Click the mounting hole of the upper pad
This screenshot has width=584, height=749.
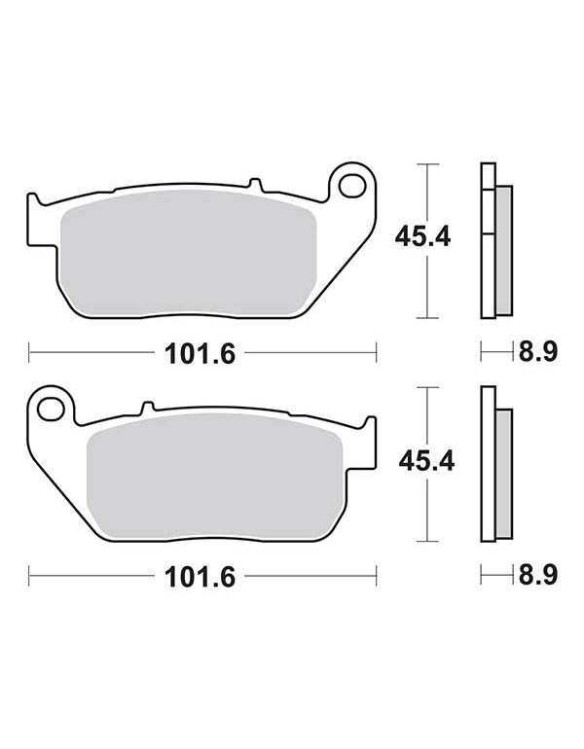click(352, 186)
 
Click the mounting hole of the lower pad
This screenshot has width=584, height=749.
click(51, 410)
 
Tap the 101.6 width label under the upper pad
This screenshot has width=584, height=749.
click(200, 354)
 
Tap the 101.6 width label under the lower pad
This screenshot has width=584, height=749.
click(200, 577)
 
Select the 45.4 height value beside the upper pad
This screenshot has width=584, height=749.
click(422, 237)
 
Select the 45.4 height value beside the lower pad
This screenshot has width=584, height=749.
click(426, 461)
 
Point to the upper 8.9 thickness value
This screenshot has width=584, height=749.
click(538, 352)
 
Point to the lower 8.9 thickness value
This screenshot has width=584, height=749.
click(538, 576)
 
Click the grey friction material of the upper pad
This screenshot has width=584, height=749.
click(189, 253)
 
